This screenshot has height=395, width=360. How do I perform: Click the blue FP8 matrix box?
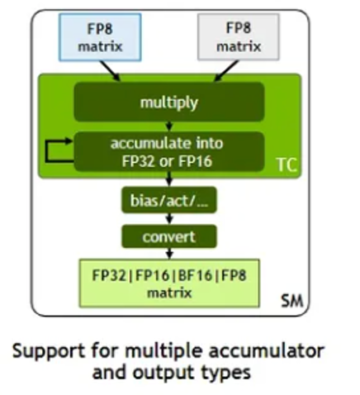click(100, 37)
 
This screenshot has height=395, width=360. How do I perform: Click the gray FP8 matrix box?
click(239, 37)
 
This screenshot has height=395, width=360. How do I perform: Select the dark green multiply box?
click(169, 102)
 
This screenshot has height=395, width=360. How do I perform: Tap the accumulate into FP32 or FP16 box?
click(169, 152)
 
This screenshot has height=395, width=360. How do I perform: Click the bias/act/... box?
click(169, 200)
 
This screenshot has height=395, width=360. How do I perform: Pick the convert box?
click(169, 236)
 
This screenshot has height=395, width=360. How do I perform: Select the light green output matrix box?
click(169, 283)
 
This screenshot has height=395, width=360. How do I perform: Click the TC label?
click(287, 164)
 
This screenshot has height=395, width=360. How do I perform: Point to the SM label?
click(292, 301)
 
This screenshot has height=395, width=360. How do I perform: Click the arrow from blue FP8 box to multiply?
click(110, 71)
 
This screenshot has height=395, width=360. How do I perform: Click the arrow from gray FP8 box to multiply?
click(226, 71)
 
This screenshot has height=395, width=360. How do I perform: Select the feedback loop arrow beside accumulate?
click(46, 151)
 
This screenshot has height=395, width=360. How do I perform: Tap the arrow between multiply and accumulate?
click(169, 126)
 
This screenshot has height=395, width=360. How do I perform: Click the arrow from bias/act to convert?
click(169, 219)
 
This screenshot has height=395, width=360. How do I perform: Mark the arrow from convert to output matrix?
click(169, 254)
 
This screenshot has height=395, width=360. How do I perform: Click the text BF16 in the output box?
click(195, 275)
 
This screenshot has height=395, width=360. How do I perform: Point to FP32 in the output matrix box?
click(109, 275)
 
